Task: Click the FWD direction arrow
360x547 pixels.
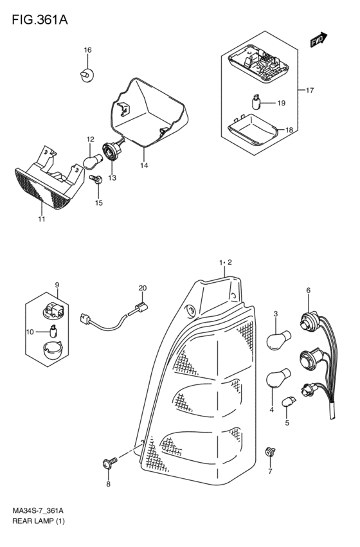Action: coord(318,40)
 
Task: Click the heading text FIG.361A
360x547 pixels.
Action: coord(40,20)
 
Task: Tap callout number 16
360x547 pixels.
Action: coord(87,50)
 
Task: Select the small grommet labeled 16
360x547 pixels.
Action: coord(86,75)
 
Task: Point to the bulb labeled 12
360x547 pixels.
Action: coord(93,162)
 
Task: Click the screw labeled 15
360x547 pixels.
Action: coord(96,179)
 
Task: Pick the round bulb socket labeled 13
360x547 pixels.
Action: coord(112,152)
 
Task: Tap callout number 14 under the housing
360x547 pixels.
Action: coord(144,165)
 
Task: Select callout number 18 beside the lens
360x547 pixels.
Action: coord(289,130)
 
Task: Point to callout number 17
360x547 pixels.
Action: coord(310,91)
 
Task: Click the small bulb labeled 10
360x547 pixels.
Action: coord(53,331)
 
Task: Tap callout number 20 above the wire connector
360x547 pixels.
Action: coord(142,288)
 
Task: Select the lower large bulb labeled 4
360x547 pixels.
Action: coord(278,378)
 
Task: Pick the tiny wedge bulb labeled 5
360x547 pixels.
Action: coord(289,401)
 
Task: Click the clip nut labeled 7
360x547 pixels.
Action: coord(269,452)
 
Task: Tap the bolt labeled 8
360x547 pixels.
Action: coord(110,463)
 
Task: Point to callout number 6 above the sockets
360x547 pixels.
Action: coord(309,291)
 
